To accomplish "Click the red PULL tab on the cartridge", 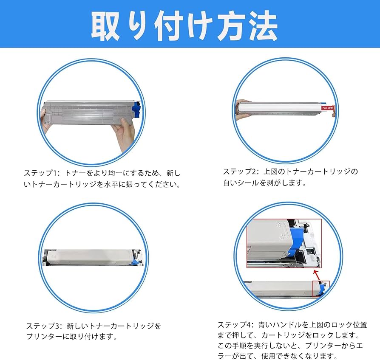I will pyautogui.click(x=329, y=109).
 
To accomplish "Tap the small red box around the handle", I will pyautogui.click(x=321, y=288).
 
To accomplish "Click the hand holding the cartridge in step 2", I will pyautogui.click(x=242, y=110).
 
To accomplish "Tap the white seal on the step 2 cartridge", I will pyautogui.click(x=281, y=111).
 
